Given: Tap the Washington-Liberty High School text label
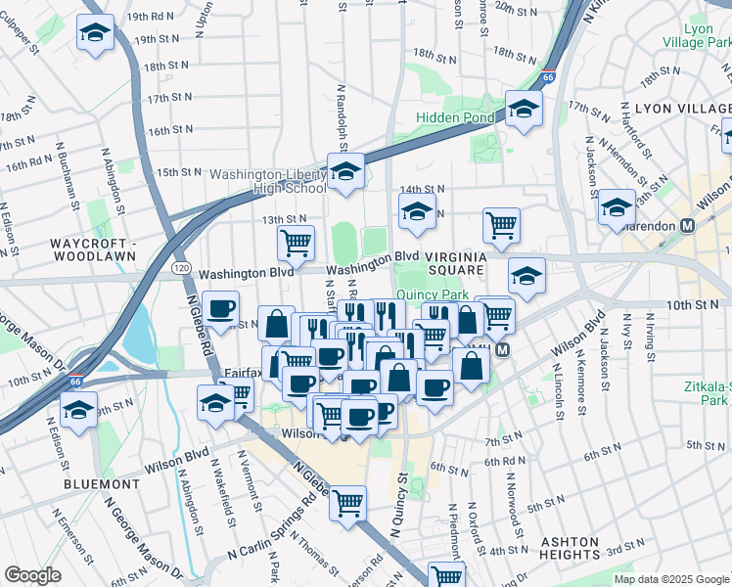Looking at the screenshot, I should click(x=273, y=181).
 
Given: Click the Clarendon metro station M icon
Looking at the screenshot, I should click(x=687, y=225).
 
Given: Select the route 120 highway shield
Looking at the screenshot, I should click(x=179, y=266).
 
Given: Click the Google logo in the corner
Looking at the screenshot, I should click(x=32, y=575).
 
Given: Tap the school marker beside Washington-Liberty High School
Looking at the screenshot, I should click(x=344, y=172).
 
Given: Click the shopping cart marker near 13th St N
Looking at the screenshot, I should click(x=295, y=241).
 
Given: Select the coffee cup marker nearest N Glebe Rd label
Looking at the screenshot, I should click(x=221, y=308).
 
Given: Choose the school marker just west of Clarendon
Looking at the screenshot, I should click(x=618, y=206).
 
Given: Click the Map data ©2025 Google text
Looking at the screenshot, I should click(x=671, y=579).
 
